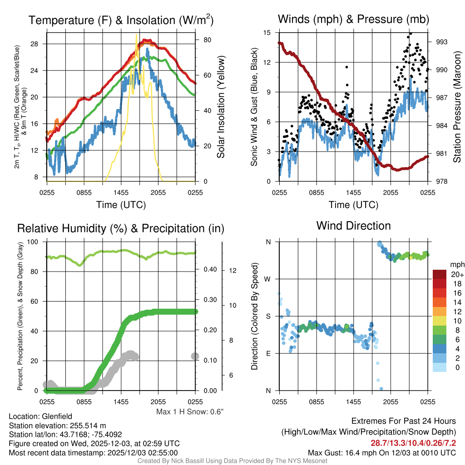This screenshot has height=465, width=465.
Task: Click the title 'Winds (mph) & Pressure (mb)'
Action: coord(353,20)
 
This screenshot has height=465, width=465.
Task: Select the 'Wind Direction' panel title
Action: coord(353,226)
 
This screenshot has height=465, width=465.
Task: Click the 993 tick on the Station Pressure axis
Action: coord(441,42)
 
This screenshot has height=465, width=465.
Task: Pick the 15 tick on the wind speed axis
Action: coord(267,33)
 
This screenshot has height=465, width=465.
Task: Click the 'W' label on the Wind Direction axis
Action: coord(268,279)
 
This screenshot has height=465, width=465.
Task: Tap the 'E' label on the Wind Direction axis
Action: coord(268,353)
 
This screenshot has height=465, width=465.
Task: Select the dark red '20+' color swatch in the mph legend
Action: coord(440,275)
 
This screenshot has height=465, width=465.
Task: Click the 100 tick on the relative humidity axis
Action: coord(32,242)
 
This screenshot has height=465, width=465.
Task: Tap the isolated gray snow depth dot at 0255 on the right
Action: coord(195,356)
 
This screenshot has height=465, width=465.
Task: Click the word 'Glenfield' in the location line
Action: coord(57,416)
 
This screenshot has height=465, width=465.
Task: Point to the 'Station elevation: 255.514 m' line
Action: coord(57,425)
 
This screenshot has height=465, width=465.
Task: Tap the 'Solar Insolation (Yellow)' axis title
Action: coord(221,107)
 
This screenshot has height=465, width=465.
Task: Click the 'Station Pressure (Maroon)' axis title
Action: coord(457,107)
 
